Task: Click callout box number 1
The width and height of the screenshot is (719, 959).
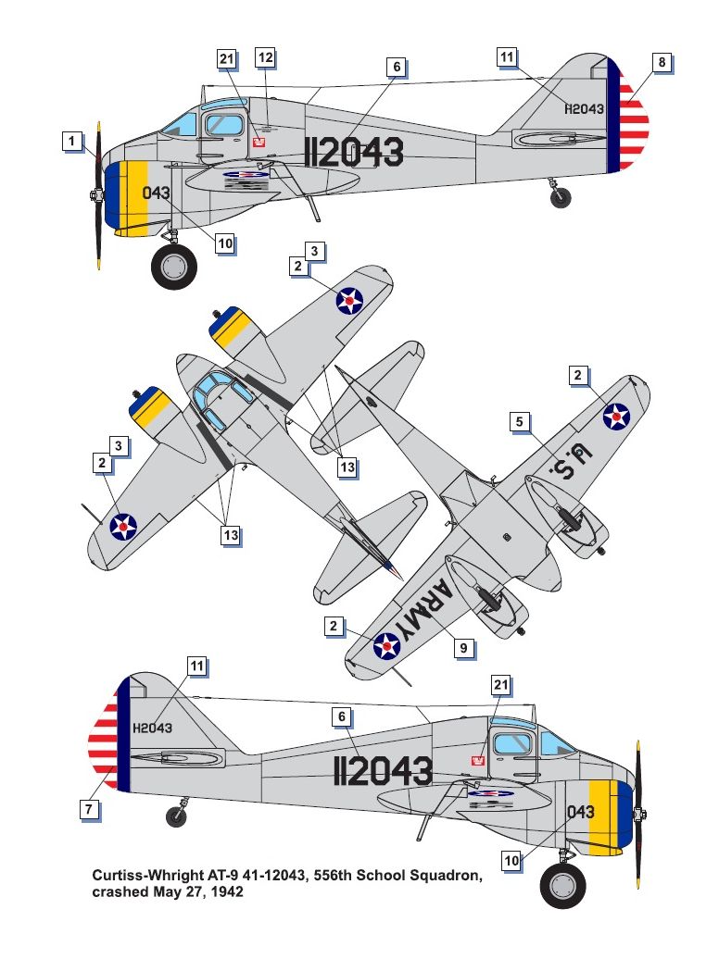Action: pyautogui.click(x=71, y=142)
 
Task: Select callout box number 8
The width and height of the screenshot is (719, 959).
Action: pyautogui.click(x=661, y=63)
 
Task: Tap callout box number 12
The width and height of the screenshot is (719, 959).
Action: pyautogui.click(x=266, y=57)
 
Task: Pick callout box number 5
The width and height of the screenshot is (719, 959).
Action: pyautogui.click(x=521, y=422)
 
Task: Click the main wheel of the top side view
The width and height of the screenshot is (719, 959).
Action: pyautogui.click(x=173, y=267)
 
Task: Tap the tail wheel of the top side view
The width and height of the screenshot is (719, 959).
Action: pyautogui.click(x=560, y=196)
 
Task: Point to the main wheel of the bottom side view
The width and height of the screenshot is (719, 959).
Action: pyautogui.click(x=563, y=885)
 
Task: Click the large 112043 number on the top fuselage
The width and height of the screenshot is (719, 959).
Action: pyautogui.click(x=354, y=153)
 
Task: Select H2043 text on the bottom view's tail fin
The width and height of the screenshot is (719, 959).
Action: pyautogui.click(x=152, y=728)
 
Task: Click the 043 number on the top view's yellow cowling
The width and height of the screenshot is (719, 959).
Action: pyautogui.click(x=156, y=193)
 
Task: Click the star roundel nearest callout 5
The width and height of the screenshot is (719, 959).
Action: pyautogui.click(x=616, y=417)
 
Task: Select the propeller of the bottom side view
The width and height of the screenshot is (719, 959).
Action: pyautogui.click(x=638, y=815)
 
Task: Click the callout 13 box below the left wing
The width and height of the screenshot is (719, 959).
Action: pyautogui.click(x=230, y=534)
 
